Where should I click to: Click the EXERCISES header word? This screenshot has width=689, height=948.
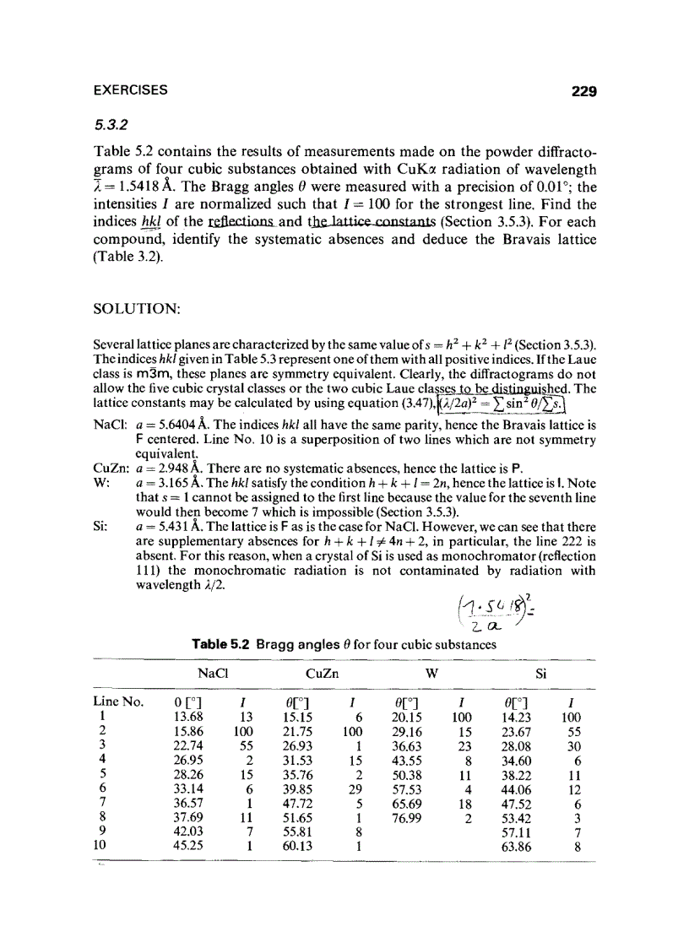point(130,90)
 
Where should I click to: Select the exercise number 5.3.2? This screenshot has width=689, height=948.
point(110,123)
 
